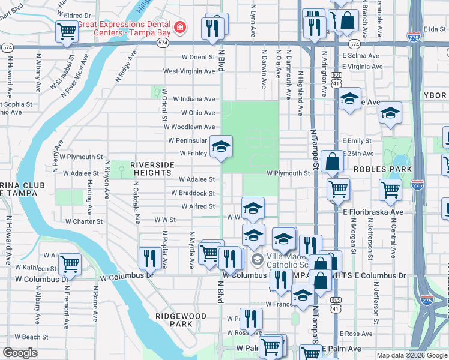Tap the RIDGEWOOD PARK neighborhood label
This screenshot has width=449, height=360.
[x=181, y=320]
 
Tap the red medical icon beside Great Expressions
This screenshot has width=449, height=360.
[x=179, y=27]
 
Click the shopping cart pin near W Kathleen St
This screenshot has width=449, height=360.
[x=70, y=263]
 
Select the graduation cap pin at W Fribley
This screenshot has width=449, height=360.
[x=221, y=147]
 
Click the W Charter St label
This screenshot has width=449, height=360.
[x=84, y=221]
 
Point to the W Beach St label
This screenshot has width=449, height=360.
[x=32, y=337]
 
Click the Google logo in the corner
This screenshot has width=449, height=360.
[x=20, y=353]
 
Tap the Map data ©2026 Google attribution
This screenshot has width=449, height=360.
[x=412, y=355]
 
